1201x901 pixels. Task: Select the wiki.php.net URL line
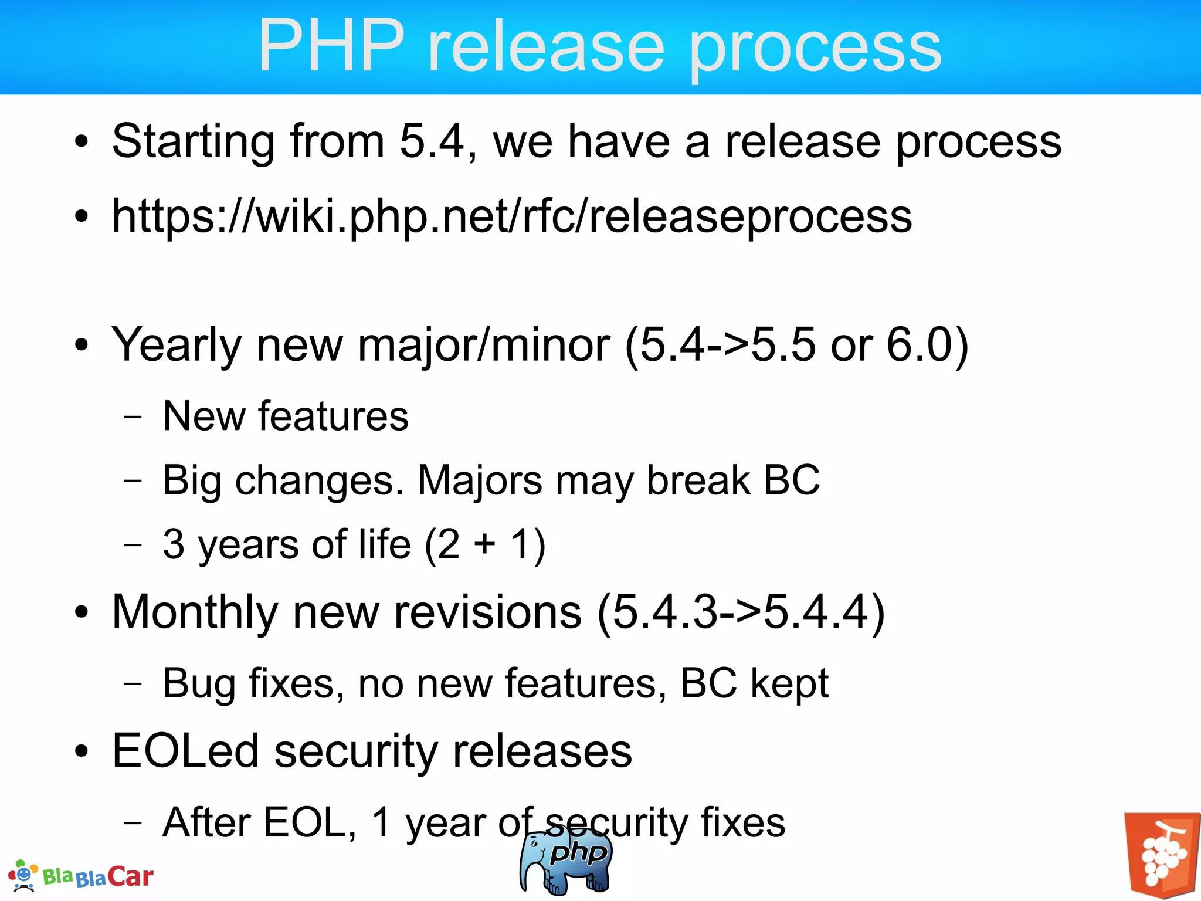(511, 216)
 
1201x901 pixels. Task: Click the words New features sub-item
(286, 416)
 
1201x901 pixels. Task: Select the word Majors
(480, 480)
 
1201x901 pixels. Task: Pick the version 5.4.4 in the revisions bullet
(816, 612)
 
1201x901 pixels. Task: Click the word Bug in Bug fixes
(199, 684)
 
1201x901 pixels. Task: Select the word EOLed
(185, 751)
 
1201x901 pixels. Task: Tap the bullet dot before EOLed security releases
(82, 751)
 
